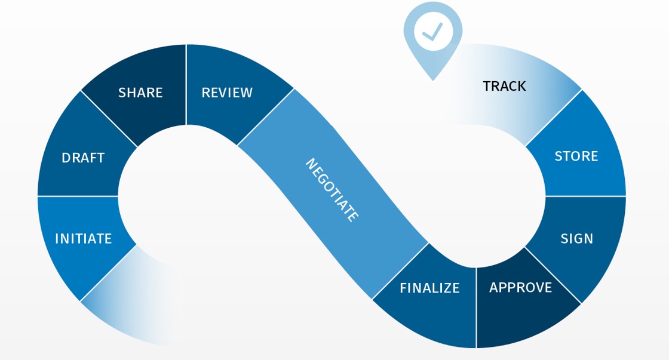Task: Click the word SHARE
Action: pos(140,93)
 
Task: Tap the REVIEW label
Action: pos(227,93)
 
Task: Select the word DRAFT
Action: pos(83,158)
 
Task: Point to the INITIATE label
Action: pos(83,239)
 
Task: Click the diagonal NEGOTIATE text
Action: pos(333,190)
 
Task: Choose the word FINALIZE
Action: pos(429,288)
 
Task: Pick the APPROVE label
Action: pos(520,287)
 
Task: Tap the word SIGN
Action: pos(576,239)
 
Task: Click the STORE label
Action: pos(576,156)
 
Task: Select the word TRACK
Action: pos(504,86)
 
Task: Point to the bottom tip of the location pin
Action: pos(432,80)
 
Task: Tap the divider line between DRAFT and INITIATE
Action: pos(78,196)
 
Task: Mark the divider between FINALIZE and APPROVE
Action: pos(476,307)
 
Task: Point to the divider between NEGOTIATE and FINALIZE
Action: pos(400,271)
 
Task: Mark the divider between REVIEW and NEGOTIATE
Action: pos(266,117)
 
